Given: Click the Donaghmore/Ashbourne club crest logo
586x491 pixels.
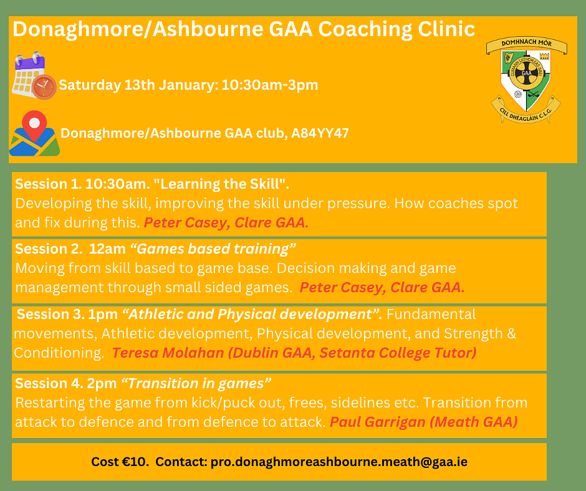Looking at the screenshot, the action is pyautogui.click(x=526, y=80).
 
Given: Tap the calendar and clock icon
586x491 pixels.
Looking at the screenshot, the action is pyautogui.click(x=34, y=75).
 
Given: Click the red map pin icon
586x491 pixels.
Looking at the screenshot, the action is pyautogui.click(x=34, y=125).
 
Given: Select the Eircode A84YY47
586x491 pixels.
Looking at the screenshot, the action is pyautogui.click(x=320, y=133).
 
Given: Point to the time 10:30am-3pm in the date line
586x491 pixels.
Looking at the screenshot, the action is pyautogui.click(x=269, y=85).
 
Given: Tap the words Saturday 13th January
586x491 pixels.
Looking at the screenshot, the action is pyautogui.click(x=138, y=85).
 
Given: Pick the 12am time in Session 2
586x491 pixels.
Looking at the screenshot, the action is pyautogui.click(x=107, y=249).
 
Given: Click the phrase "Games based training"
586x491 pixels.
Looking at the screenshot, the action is pyautogui.click(x=213, y=249).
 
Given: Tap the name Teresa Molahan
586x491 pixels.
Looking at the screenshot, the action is pyautogui.click(x=168, y=353).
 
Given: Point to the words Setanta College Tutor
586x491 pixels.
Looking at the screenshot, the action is pyautogui.click(x=398, y=353).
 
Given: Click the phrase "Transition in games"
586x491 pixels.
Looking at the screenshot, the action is pyautogui.click(x=196, y=383).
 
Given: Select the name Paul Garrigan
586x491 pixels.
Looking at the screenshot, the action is pyautogui.click(x=377, y=422).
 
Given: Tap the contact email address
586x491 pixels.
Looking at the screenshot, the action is pyautogui.click(x=339, y=462).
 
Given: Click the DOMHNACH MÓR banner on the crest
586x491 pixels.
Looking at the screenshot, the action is pyautogui.click(x=526, y=44).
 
